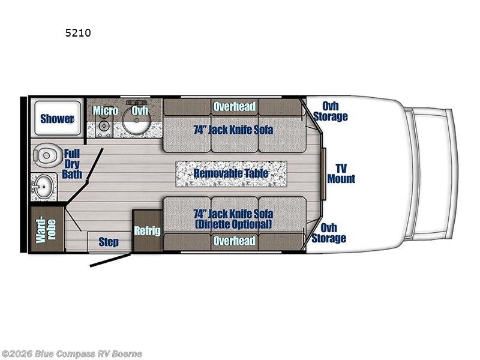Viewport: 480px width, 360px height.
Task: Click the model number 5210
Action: pyautogui.click(x=78, y=34)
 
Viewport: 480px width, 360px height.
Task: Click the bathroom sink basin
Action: pyautogui.click(x=41, y=186)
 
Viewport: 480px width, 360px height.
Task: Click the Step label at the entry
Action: pyautogui.click(x=108, y=242)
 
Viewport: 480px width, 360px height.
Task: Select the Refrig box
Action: pyautogui.click(x=148, y=231)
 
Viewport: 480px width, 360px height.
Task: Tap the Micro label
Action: pyautogui.click(x=105, y=110)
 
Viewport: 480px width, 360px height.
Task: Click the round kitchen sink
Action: pyautogui.click(x=137, y=123)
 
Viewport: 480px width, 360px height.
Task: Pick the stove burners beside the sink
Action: pyautogui.click(x=104, y=127)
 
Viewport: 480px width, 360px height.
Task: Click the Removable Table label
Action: pyautogui.click(x=230, y=174)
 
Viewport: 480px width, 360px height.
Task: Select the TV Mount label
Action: pyautogui.click(x=341, y=173)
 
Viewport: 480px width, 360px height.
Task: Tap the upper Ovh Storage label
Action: pyautogui.click(x=329, y=112)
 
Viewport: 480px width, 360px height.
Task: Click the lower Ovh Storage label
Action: pyautogui.click(x=329, y=233)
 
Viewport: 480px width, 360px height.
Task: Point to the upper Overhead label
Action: pyautogui.click(x=234, y=107)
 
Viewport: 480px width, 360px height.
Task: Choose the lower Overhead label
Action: pyautogui.click(x=234, y=241)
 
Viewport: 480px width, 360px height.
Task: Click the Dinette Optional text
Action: pyautogui.click(x=234, y=224)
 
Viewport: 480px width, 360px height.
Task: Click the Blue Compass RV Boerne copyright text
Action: pyautogui.click(x=71, y=353)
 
